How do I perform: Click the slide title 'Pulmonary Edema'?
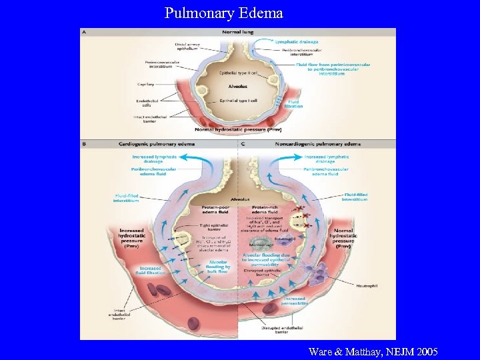[223, 13]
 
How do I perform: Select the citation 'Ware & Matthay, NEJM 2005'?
[373, 351]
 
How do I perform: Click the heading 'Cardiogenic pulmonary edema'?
[157, 144]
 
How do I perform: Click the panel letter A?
[84, 31]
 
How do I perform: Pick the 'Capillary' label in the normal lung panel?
[145, 85]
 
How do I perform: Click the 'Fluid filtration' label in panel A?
[293, 103]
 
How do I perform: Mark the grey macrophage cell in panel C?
[262, 246]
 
